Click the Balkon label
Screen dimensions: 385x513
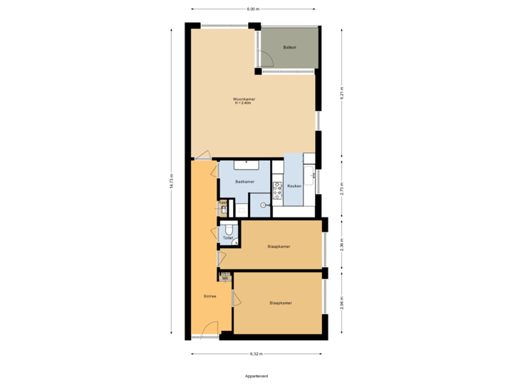pos(289,48)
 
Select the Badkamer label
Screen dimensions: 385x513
pos(244,182)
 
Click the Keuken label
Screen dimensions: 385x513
pos(294,186)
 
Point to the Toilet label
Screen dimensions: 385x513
pos(227,238)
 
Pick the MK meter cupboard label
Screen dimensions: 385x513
pos(225,277)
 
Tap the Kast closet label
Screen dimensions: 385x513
pos(223,203)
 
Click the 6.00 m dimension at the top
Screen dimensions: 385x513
pos(252,9)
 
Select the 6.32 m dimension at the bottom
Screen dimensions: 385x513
pos(256,354)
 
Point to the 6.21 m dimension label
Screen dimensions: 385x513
pos(342,94)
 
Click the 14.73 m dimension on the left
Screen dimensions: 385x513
pos(171,182)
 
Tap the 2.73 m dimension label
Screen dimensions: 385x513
pos(342,189)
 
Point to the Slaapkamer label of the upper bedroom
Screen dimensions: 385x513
pos(279,246)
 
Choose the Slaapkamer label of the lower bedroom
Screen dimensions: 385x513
pos(281,303)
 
